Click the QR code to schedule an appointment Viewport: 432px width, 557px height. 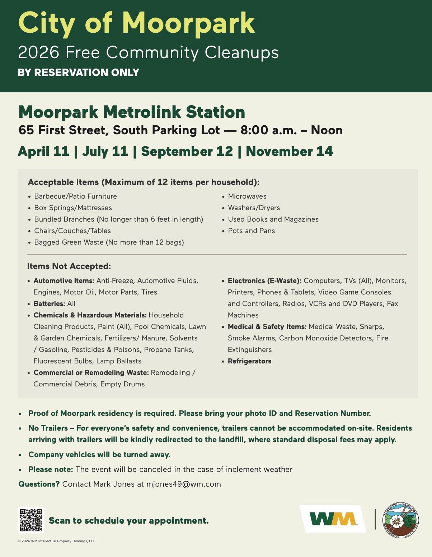point(31,520)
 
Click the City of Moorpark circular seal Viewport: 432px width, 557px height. point(400,520)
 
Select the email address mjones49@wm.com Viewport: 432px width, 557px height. point(183,484)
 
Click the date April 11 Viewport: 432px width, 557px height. point(43,152)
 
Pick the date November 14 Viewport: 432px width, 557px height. point(289,152)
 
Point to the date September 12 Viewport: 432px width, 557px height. point(187,152)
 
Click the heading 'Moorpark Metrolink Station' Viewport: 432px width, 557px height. point(132,112)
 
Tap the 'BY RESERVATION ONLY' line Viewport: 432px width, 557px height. point(78,73)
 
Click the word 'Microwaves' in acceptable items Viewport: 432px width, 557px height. point(247,196)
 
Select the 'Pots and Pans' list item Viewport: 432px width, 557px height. point(252,231)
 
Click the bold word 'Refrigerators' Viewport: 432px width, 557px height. point(249,361)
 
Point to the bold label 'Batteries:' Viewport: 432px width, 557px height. point(49,304)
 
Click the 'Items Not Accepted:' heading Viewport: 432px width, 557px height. point(69,266)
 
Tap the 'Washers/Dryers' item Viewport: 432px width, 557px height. point(254,208)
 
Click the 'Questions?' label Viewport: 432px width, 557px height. point(39,484)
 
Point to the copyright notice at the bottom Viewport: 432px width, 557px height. point(56,541)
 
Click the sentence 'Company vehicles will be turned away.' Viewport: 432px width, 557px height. point(99,455)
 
